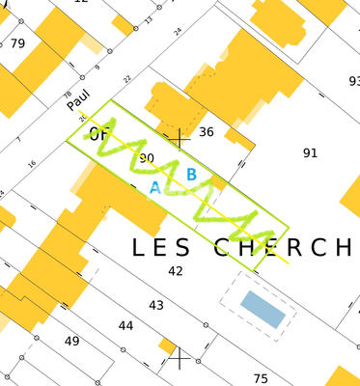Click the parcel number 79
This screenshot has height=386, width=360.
point(17,44)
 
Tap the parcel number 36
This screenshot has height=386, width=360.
point(206,132)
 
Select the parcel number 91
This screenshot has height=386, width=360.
point(310,152)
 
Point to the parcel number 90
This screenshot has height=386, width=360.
point(147,157)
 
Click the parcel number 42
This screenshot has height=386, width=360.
point(175,271)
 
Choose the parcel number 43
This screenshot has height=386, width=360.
point(156,305)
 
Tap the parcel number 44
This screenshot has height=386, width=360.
point(125,326)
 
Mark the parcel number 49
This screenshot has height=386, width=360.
point(72,342)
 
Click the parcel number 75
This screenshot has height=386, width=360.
point(260,378)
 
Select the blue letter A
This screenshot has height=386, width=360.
point(154,188)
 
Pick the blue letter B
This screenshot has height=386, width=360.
point(191,175)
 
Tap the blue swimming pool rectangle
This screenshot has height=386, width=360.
point(263,308)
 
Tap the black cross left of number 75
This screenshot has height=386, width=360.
point(180,360)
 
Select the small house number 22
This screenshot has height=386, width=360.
point(126,78)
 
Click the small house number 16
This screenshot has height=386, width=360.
point(32,164)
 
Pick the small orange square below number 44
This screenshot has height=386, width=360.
point(168,345)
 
